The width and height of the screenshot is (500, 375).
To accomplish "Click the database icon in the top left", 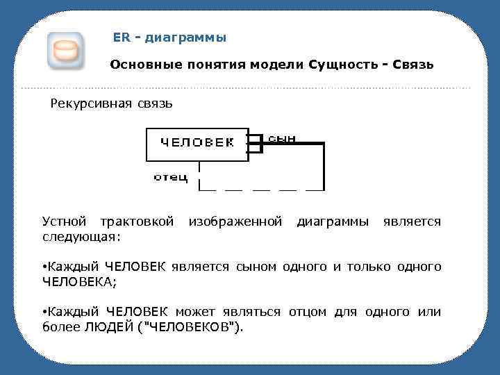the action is click(x=66, y=51).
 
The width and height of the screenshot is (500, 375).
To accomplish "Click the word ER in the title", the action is click(x=121, y=37).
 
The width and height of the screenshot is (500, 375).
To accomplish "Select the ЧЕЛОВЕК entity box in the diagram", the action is click(x=197, y=144).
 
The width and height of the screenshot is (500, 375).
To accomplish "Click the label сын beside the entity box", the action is click(x=282, y=137).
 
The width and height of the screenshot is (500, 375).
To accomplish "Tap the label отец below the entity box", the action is click(x=171, y=178).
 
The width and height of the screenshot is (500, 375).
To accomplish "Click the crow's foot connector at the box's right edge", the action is click(x=256, y=143).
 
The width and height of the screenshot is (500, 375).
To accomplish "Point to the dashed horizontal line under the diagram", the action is click(x=261, y=189).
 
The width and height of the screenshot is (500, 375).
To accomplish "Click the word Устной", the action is click(x=65, y=222).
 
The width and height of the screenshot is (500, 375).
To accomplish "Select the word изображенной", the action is click(x=235, y=222).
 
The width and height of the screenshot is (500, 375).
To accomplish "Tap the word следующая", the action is click(x=79, y=237).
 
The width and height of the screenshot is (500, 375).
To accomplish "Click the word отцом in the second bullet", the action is click(x=309, y=312).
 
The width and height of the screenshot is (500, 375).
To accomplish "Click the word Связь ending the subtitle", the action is click(x=413, y=65).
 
